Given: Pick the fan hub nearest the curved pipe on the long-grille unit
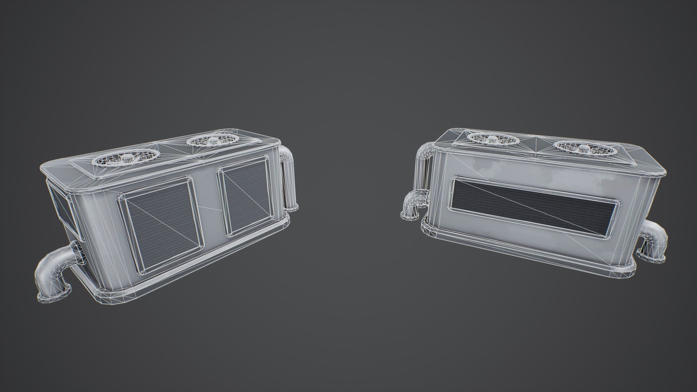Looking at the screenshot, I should click(492, 140).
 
